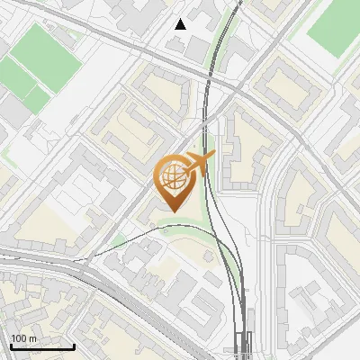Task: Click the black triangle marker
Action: pos(181,24)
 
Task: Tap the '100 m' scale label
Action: pos(25,337)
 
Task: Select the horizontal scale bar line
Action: pos(41,346)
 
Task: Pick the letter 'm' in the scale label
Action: pos(34,337)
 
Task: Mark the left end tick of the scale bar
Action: pos(10,345)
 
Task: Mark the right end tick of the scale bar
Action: pos(73,345)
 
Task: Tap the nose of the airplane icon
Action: pos(212,156)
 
